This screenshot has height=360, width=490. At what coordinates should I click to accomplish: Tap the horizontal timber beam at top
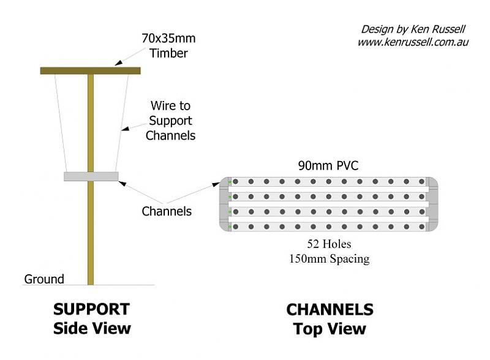90,70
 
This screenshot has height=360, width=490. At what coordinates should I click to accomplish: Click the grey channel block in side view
91,176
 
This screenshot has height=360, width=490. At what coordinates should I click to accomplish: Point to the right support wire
122,122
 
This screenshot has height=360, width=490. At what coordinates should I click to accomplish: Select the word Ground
44,279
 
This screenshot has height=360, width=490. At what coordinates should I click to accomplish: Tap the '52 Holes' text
329,246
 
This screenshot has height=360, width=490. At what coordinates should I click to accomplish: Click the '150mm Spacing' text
329,258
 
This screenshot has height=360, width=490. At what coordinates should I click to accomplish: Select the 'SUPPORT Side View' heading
92,318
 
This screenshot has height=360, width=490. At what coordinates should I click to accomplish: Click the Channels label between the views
167,211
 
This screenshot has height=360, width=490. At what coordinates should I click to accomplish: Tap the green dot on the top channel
230,182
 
